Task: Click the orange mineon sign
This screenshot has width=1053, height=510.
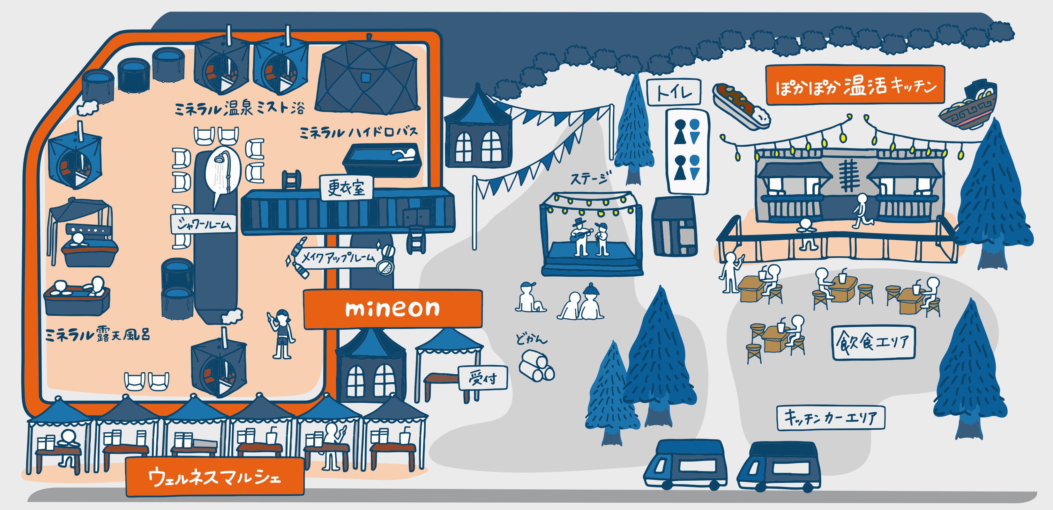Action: pyautogui.click(x=392, y=309)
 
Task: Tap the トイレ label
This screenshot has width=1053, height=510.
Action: pyautogui.click(x=674, y=92)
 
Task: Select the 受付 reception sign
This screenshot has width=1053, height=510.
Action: pyautogui.click(x=483, y=378)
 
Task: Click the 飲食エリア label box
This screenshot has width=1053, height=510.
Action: pyautogui.click(x=873, y=342)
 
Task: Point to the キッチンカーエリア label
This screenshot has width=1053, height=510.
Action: pyautogui.click(x=831, y=418)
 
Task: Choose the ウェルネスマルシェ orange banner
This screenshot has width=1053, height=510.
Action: pyautogui.click(x=215, y=477)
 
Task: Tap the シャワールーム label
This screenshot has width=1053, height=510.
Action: pyautogui.click(x=204, y=224)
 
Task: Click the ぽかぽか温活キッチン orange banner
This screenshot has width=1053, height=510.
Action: pyautogui.click(x=855, y=85)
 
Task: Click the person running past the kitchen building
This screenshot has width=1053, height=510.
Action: pyautogui.click(x=861, y=211)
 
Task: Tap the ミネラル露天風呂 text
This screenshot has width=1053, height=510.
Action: pyautogui.click(x=98, y=334)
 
